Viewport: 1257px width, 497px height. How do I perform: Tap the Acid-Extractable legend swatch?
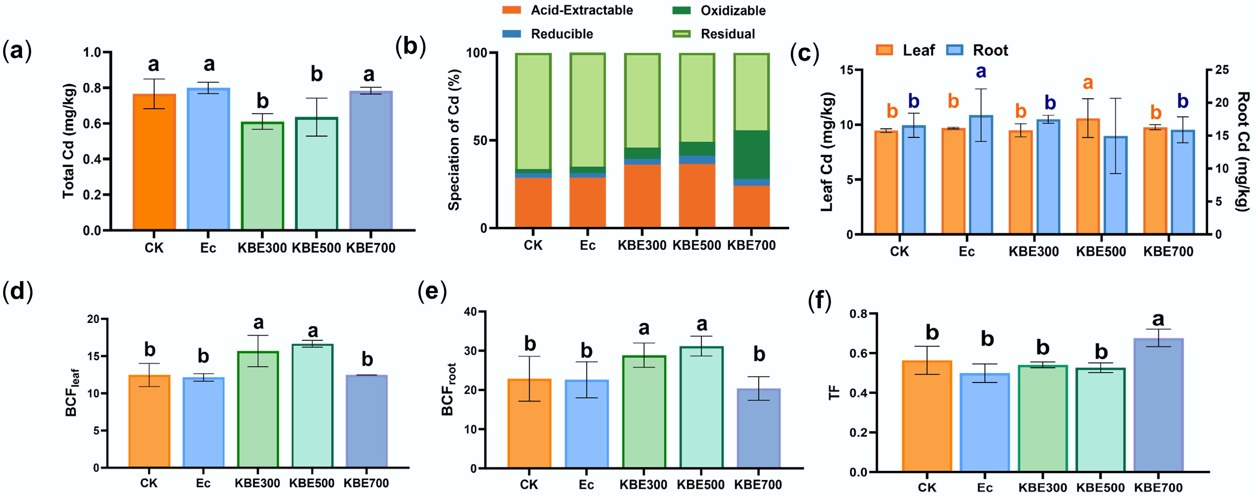coord(511,10)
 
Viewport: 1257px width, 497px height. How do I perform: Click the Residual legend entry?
coord(727,34)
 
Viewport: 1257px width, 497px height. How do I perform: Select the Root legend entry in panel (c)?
coord(990,50)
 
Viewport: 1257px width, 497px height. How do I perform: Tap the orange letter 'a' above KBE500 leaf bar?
coord(1088,83)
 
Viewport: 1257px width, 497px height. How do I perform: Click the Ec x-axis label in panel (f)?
coord(985,488)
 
